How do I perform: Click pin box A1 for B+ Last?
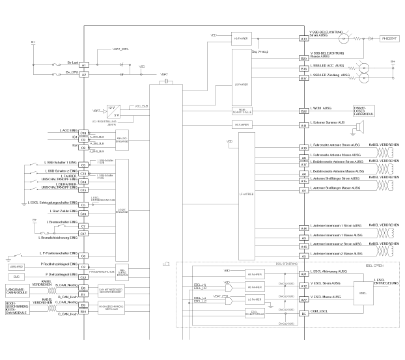pyautogui.click(x=83, y=66)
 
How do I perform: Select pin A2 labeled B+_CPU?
pyautogui.click(x=83, y=75)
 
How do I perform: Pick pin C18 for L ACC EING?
pyautogui.click(x=83, y=133)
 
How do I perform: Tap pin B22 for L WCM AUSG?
pyautogui.click(x=303, y=111)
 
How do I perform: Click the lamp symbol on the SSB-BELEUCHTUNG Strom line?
pyautogui.click(x=359, y=38)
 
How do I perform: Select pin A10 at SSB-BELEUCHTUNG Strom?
pyautogui.click(x=303, y=38)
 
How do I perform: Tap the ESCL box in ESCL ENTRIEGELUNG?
pyautogui.click(x=363, y=294)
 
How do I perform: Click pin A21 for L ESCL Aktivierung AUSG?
pyautogui.click(x=303, y=274)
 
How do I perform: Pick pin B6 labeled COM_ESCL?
pyautogui.click(x=303, y=313)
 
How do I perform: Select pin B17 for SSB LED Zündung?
pyautogui.click(x=303, y=78)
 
